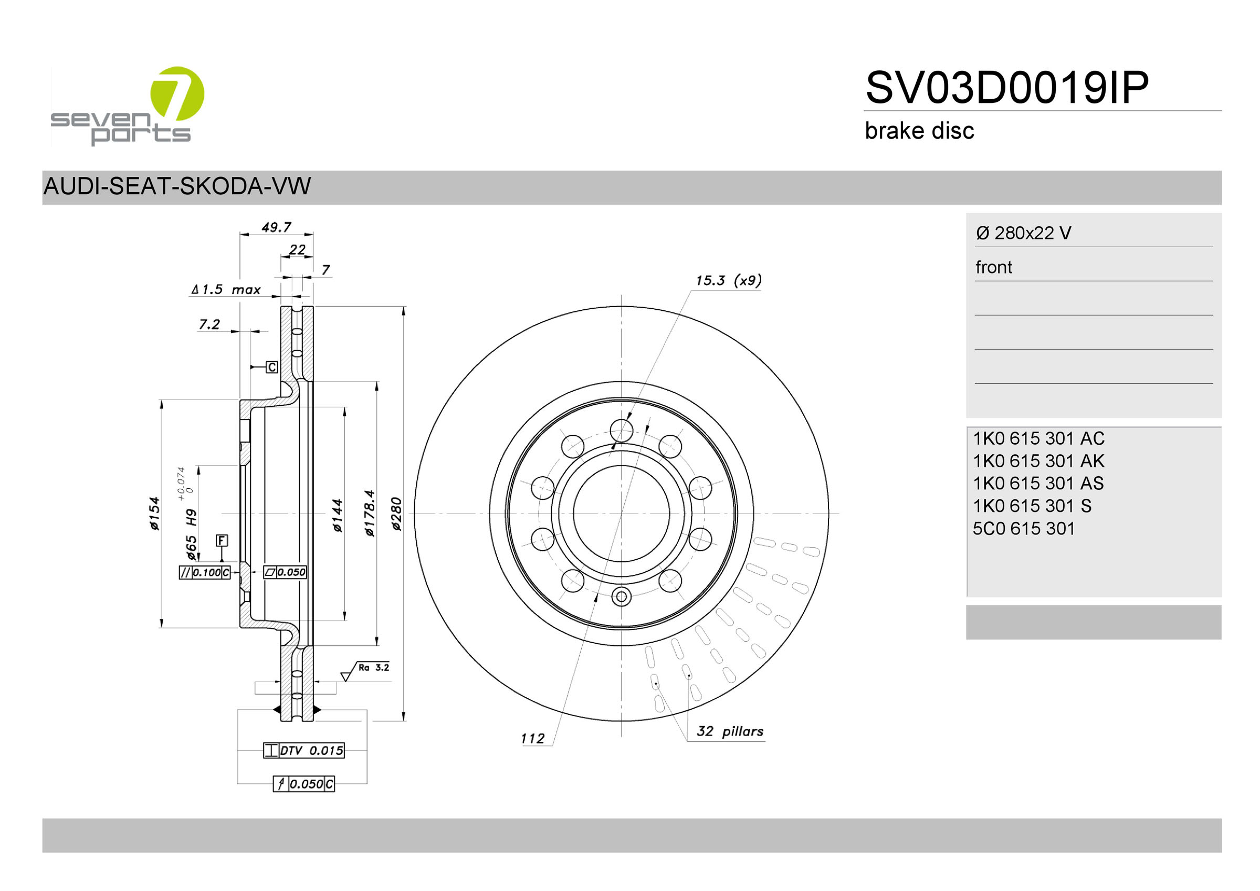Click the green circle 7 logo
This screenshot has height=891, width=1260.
[x=177, y=93]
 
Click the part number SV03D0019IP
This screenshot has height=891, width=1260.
[x=1006, y=87]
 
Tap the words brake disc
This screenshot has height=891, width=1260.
[x=919, y=131]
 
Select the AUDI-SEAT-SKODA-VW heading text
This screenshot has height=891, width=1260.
[x=177, y=186]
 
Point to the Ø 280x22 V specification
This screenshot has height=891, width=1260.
[x=1023, y=233]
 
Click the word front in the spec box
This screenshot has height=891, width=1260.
[x=993, y=267]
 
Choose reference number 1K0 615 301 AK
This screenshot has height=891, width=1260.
[x=1038, y=460]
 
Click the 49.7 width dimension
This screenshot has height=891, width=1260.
[x=276, y=227]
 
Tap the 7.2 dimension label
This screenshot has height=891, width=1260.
[x=209, y=324]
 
